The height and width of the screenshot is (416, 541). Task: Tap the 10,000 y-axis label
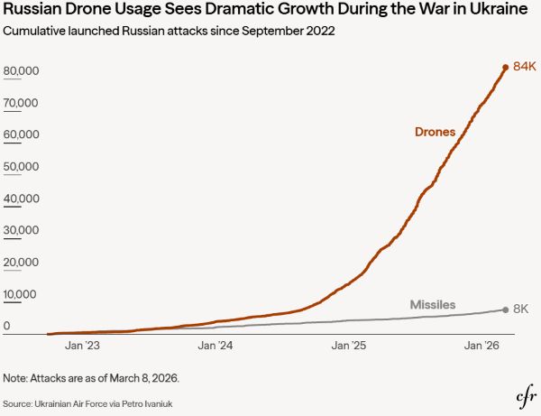click(21, 294)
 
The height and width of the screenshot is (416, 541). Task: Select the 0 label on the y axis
click(7, 326)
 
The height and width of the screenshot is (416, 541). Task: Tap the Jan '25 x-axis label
click(348, 346)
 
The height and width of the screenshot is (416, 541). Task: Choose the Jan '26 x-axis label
click(481, 346)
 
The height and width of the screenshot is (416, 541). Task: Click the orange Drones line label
click(435, 133)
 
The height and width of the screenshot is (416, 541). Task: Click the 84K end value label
click(524, 67)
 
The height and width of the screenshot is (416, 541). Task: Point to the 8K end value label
click(520, 310)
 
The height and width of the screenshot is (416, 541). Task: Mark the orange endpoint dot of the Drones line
click(505, 67)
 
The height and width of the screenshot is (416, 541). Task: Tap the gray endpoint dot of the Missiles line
click(505, 310)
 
